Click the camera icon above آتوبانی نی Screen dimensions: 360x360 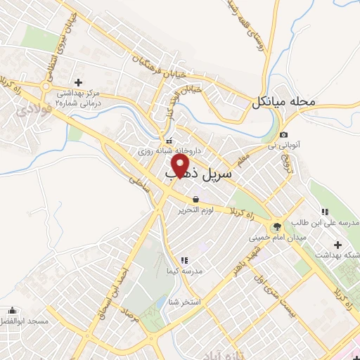(283, 134)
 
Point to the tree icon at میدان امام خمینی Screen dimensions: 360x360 (275, 226)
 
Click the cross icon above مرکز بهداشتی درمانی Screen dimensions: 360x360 (78, 82)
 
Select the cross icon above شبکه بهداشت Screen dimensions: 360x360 (338, 245)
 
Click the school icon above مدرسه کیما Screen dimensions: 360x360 (184, 260)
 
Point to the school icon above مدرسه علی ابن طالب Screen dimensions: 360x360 (324, 212)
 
